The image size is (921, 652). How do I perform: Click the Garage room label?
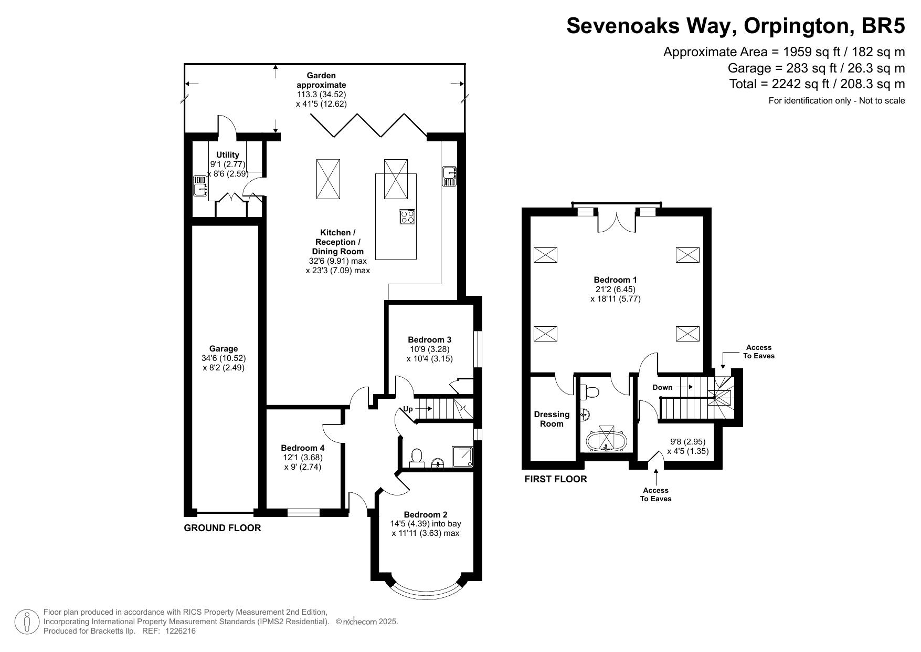[224, 348]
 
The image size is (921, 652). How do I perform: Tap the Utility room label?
[228, 155]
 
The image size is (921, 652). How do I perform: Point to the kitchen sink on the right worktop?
[450, 176]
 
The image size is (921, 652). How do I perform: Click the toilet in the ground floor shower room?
[417, 458]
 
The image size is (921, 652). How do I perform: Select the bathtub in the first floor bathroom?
[606, 441]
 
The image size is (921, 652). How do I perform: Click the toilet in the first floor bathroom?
[591, 392]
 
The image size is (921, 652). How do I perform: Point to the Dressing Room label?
[552, 419]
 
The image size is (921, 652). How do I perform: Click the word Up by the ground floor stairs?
[408, 409]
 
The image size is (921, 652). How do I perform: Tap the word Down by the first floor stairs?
[662, 387]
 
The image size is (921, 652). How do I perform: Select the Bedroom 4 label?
[303, 448]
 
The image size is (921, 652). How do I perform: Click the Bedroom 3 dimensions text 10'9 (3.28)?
[429, 349]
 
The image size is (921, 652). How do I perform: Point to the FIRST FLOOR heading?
[556, 479]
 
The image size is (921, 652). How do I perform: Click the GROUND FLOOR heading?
[223, 528]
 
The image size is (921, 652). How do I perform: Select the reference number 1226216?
[181, 631]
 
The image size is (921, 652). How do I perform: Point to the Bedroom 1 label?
[616, 280]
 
